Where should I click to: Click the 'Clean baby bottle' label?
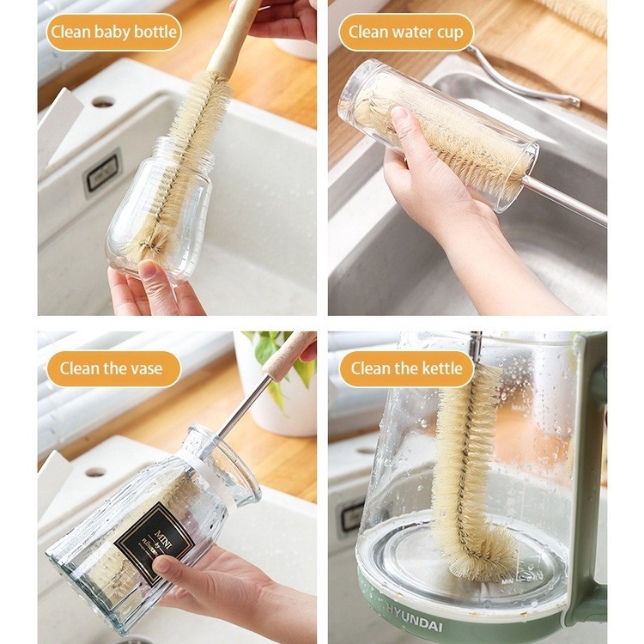pyautogui.click(x=113, y=33)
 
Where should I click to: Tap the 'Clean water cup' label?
pyautogui.click(x=406, y=33)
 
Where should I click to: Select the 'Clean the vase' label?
pyautogui.click(x=113, y=369)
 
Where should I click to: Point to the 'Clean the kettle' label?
pyautogui.click(x=406, y=369)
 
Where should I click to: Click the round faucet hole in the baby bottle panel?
pyautogui.click(x=103, y=101)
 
